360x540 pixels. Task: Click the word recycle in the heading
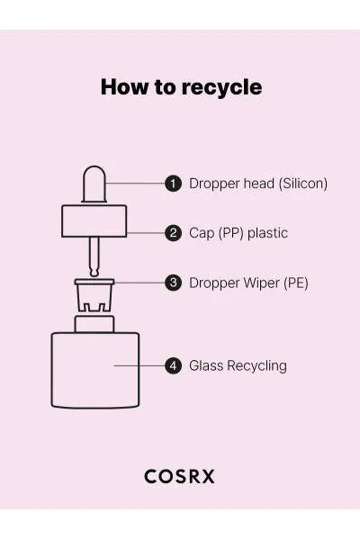pyautogui.click(x=221, y=87)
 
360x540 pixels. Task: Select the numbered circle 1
pyautogui.click(x=173, y=184)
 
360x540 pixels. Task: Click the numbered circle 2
pyautogui.click(x=173, y=233)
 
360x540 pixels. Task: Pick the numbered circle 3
pyautogui.click(x=173, y=283)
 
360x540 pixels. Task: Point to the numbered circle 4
pyautogui.click(x=173, y=365)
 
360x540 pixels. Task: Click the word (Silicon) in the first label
pyautogui.click(x=303, y=184)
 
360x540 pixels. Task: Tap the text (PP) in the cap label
pyautogui.click(x=230, y=233)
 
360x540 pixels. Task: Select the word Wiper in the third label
pyautogui.click(x=262, y=283)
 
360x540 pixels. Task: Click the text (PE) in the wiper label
pyautogui.click(x=296, y=283)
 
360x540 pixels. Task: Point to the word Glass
pyautogui.click(x=206, y=365)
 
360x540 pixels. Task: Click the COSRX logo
pyautogui.click(x=179, y=477)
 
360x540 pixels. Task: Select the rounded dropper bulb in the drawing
pyautogui.click(x=94, y=184)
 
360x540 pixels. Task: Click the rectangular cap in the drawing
pyautogui.click(x=94, y=221)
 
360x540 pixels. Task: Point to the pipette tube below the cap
pyautogui.click(x=94, y=256)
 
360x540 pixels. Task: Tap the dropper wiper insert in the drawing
pyautogui.click(x=94, y=295)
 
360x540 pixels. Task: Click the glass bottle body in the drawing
pyautogui.click(x=95, y=370)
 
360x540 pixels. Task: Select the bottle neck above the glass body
pyautogui.click(x=94, y=324)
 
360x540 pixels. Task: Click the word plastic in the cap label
pyautogui.click(x=267, y=233)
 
